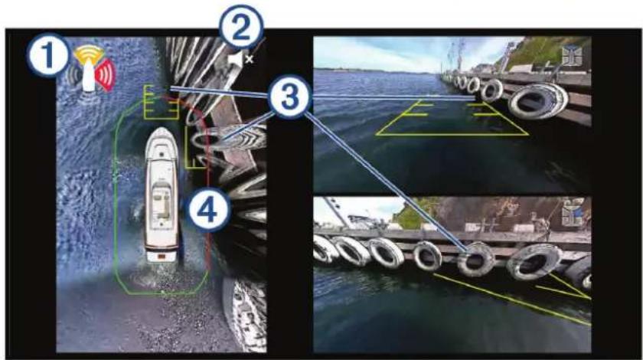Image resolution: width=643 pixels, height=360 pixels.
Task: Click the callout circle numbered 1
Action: tap(48, 55)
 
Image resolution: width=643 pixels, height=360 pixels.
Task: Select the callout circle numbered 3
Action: tap(289, 97)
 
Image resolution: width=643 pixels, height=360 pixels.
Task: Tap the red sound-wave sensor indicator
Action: tap(106, 74)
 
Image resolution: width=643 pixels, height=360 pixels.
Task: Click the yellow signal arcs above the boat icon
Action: tap(89, 54)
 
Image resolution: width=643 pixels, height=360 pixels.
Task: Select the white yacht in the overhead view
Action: tap(162, 195)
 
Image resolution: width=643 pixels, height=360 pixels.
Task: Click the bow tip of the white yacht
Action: tap(162, 128)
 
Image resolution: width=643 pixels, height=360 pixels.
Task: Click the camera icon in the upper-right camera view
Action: tap(572, 55)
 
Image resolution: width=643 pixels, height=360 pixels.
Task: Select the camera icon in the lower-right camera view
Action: tap(573, 213)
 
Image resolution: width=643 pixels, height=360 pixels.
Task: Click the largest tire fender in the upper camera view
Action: tap(537, 101)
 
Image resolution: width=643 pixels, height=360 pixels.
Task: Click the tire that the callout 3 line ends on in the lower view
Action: tap(475, 259)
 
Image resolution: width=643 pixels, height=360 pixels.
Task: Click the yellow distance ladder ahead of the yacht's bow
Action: tap(161, 102)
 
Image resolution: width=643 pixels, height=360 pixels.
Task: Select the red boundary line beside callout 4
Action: tap(207, 181)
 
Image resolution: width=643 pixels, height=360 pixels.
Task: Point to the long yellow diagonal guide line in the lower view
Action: tap(512, 300)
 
